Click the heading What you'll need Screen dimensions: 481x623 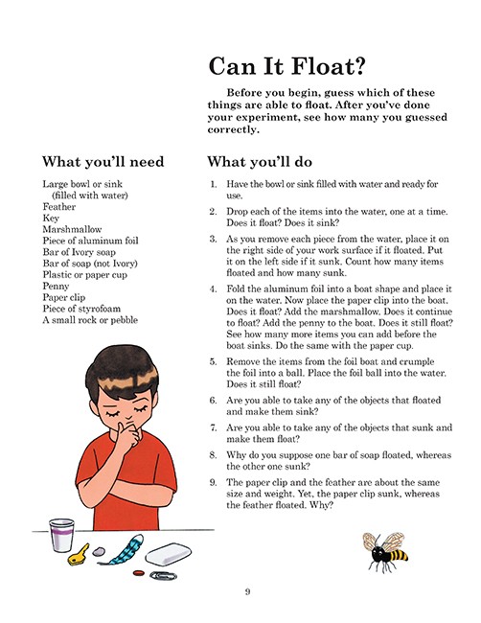pos(103,161)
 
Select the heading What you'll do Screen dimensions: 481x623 pos(259,161)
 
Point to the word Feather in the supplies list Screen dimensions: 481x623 pos(59,205)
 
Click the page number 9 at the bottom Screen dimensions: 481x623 pos(247,591)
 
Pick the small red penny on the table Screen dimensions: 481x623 pos(137,573)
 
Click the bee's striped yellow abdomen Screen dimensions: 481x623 pos(395,553)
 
